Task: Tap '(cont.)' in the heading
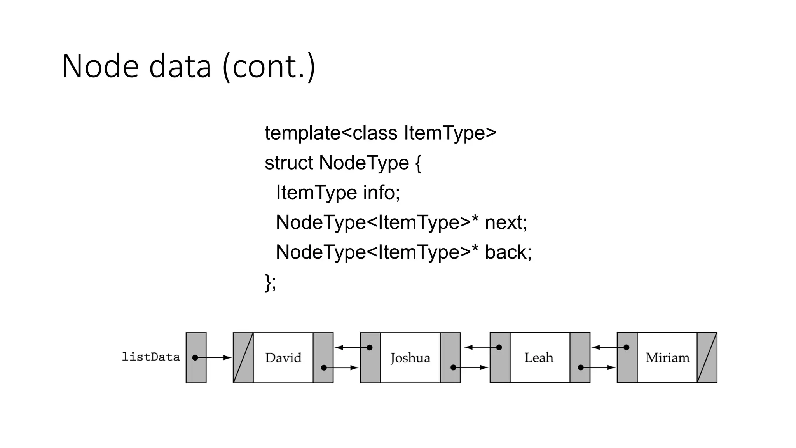point(269,67)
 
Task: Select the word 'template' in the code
point(302,133)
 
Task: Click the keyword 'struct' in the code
point(288,163)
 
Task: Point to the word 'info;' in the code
point(381,192)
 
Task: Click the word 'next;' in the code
point(506,222)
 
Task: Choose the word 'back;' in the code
point(508,252)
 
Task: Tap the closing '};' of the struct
point(271,282)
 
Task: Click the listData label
point(151,357)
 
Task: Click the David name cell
point(283,357)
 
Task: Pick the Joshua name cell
point(410,357)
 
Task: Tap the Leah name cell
point(539,357)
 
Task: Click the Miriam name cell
point(667,357)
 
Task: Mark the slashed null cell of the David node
point(243,357)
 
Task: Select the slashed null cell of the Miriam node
point(707,357)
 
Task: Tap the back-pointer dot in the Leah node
point(499,347)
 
